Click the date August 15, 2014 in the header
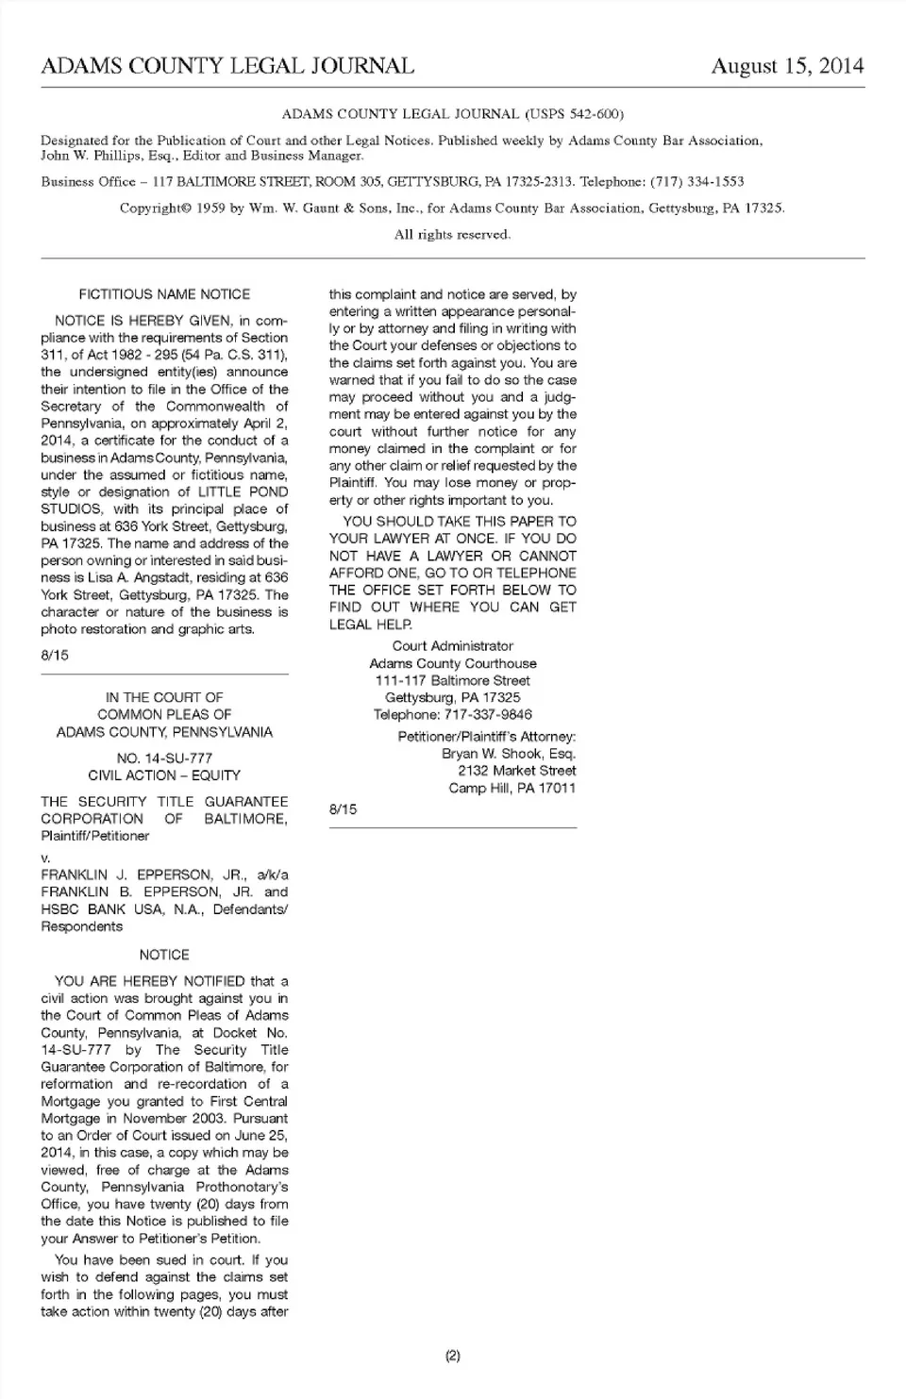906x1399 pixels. (787, 66)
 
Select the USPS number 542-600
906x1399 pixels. (594, 114)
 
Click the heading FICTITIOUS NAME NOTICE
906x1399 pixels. (164, 294)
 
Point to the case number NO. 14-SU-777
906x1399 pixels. (164, 758)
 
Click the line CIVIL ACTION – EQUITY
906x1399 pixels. (164, 775)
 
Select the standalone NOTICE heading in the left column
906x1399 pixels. (164, 955)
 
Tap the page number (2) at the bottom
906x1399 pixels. (453, 1356)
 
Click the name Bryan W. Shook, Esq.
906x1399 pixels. (508, 754)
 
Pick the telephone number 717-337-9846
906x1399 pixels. (488, 714)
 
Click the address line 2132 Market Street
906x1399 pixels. (516, 771)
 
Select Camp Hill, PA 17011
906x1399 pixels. (512, 788)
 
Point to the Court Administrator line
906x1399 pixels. (453, 646)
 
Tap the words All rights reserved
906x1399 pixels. (453, 234)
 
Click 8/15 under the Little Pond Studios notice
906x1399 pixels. (55, 655)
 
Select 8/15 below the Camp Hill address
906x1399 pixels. (344, 809)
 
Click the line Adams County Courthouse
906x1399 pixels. (453, 663)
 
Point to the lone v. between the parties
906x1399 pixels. (45, 858)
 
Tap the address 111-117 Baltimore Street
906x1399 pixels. (453, 680)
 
